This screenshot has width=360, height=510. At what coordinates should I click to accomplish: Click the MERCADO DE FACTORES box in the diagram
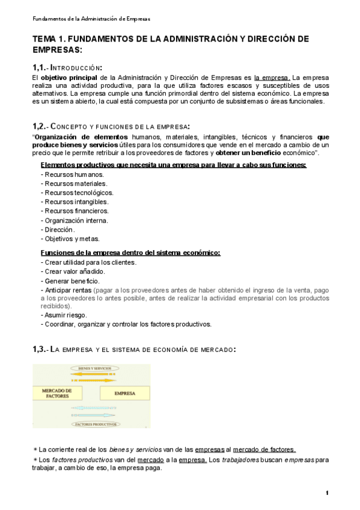(x=57, y=393)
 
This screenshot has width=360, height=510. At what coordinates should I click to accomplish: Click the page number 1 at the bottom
(x=326, y=493)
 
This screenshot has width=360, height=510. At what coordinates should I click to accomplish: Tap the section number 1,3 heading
(x=40, y=349)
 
